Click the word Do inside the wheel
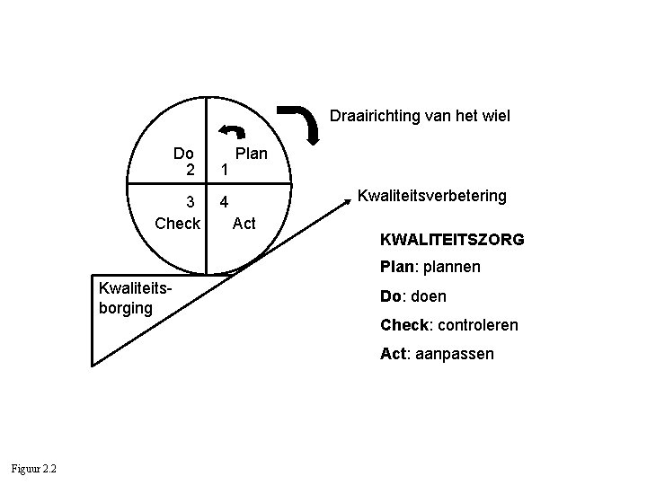[x=184, y=154]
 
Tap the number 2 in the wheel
[x=190, y=169]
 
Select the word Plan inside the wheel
[x=252, y=154]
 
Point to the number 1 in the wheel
[x=226, y=169]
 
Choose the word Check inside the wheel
[x=178, y=223]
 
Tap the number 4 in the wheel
[x=226, y=203]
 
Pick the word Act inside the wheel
[x=244, y=223]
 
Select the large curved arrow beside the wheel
[x=306, y=122]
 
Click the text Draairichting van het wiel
[x=420, y=116]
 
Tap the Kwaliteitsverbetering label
[x=432, y=195]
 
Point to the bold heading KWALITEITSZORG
[x=452, y=241]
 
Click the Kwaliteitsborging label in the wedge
[x=127, y=296]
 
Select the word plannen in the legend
[x=452, y=267]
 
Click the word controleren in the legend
[x=472, y=324]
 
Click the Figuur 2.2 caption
[x=33, y=468]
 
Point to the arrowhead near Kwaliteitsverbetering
[x=348, y=206]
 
